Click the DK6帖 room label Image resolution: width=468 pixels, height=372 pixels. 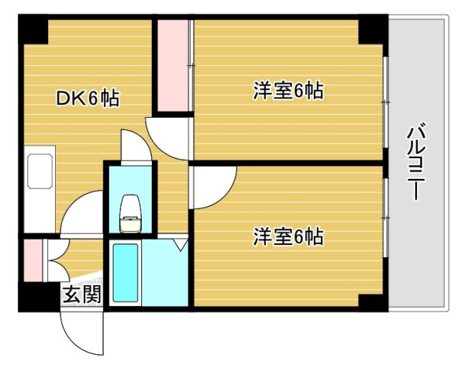click(87, 98)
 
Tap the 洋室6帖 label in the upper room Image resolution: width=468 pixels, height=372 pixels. click(287, 91)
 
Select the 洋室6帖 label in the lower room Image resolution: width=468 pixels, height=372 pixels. click(287, 236)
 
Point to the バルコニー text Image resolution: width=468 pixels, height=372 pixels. click(416, 162)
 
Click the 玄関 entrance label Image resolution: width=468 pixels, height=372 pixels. click(81, 294)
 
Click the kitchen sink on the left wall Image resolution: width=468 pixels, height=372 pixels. click(39, 172)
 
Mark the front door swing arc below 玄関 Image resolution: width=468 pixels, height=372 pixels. click(81, 329)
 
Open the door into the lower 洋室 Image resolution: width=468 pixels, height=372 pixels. click(211, 186)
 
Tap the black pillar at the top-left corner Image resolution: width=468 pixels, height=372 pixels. click(33, 29)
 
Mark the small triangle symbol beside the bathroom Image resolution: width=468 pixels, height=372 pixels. click(181, 246)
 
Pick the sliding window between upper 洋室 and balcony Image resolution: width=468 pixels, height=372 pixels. click(385, 101)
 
